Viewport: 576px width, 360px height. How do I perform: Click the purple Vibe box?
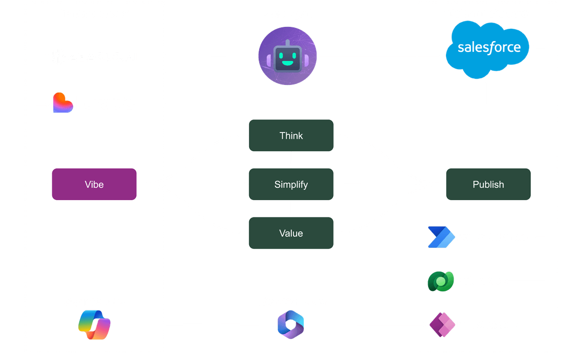click(94, 184)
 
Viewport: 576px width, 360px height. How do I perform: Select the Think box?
click(291, 136)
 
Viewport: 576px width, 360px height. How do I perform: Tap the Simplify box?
click(291, 184)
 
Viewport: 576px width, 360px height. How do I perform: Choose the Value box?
click(291, 233)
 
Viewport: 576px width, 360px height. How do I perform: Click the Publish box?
click(488, 184)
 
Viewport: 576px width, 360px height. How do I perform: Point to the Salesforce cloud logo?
click(489, 48)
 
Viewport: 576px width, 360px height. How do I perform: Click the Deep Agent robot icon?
click(288, 56)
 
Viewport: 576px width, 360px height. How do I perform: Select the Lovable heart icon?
click(62, 103)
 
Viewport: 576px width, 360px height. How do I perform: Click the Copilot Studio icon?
click(94, 325)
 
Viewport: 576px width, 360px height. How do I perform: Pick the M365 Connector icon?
click(290, 325)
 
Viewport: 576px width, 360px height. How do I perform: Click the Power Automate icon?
click(440, 237)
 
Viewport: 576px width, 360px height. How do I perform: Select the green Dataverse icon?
click(441, 281)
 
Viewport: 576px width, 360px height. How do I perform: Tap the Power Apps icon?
click(441, 325)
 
